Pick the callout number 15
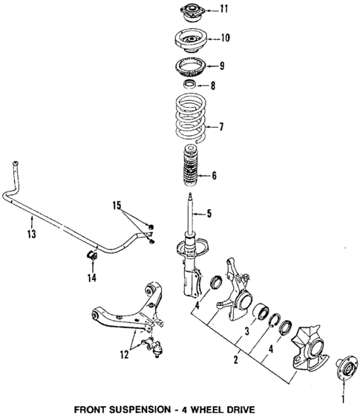pyautogui.click(x=116, y=204)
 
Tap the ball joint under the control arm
pyautogui.click(x=157, y=346)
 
